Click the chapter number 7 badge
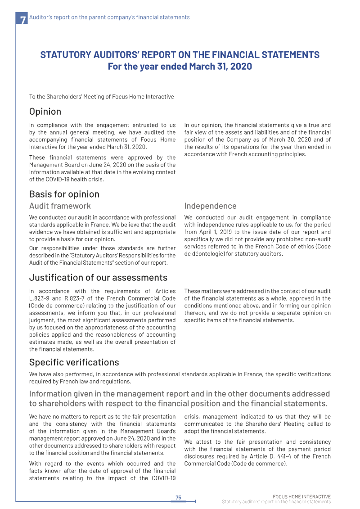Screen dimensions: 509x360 coord(22,19)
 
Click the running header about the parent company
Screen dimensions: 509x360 coord(109,18)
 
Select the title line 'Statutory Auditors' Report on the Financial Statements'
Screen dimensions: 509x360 coord(180,55)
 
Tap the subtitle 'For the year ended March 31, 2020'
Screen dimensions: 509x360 coord(180,67)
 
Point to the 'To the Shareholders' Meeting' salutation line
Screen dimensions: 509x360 coord(101,97)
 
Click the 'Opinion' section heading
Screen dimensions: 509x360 coord(45,111)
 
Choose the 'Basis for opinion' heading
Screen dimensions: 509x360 coord(64,194)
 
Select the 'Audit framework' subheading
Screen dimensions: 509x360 coord(60,206)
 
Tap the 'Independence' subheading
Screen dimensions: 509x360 coord(210,206)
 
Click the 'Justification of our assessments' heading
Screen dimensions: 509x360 coord(98,277)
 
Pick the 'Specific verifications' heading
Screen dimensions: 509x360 coord(74,362)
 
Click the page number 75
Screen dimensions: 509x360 coord(178,497)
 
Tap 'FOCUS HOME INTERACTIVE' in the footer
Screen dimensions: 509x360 coord(301,496)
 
